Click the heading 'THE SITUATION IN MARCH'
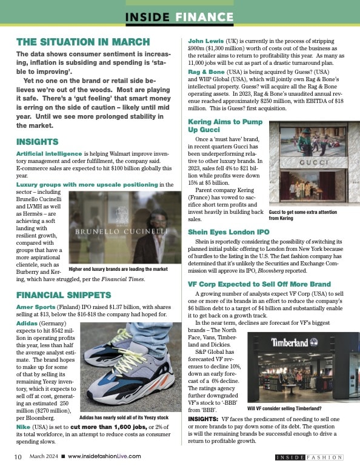(x=82, y=42)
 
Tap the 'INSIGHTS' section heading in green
(x=37, y=142)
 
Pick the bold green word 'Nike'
(x=25, y=427)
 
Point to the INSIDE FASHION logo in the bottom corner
(x=309, y=457)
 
